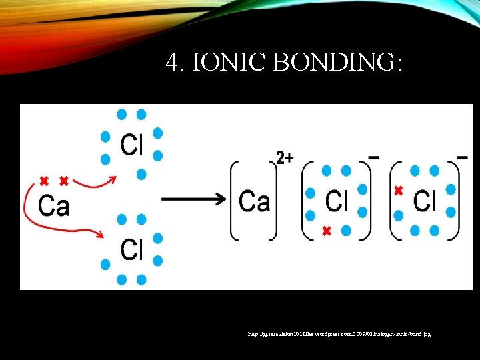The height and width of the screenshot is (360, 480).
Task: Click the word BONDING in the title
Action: click(x=338, y=63)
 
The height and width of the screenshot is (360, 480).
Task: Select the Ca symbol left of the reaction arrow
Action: click(x=54, y=205)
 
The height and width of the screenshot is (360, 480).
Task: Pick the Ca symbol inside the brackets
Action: click(x=254, y=200)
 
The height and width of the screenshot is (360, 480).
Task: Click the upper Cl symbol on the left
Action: click(x=131, y=145)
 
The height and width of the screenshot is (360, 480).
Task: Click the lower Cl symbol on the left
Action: click(x=131, y=249)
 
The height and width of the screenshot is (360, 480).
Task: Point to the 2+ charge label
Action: click(x=285, y=158)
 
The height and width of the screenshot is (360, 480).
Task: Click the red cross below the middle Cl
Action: click(x=326, y=231)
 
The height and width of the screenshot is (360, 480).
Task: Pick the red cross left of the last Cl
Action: click(x=399, y=190)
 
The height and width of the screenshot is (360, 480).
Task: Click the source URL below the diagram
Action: click(x=339, y=331)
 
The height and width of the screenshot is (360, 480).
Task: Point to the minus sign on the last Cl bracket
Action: click(x=462, y=158)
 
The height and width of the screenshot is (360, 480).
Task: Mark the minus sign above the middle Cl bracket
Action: click(x=374, y=158)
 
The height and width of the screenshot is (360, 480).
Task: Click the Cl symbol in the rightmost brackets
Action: click(x=425, y=200)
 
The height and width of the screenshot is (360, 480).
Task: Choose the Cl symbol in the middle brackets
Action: click(x=337, y=200)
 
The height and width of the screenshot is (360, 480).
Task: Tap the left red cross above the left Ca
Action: click(x=44, y=181)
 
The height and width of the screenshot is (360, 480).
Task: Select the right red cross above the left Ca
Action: click(x=64, y=181)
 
